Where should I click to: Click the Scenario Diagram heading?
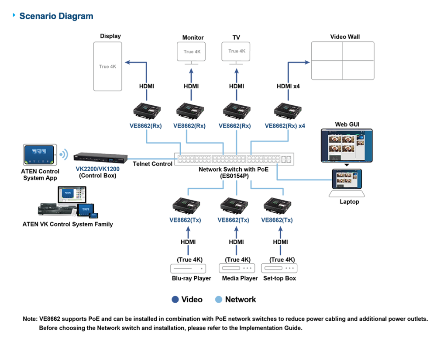point(56,17)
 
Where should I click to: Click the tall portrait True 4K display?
point(107,66)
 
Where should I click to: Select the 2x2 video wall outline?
point(343,61)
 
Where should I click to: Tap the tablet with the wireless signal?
point(40,155)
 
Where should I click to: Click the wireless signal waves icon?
point(64,155)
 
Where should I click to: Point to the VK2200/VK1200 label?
point(96,169)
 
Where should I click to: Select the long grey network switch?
point(234,159)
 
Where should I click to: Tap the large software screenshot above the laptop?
point(347,145)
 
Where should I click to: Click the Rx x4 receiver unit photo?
point(288,111)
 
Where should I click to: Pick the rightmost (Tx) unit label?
point(277,221)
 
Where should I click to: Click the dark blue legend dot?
point(175,299)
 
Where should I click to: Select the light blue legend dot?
point(219,299)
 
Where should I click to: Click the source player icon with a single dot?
point(188,268)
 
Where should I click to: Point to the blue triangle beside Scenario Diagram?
point(15,15)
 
